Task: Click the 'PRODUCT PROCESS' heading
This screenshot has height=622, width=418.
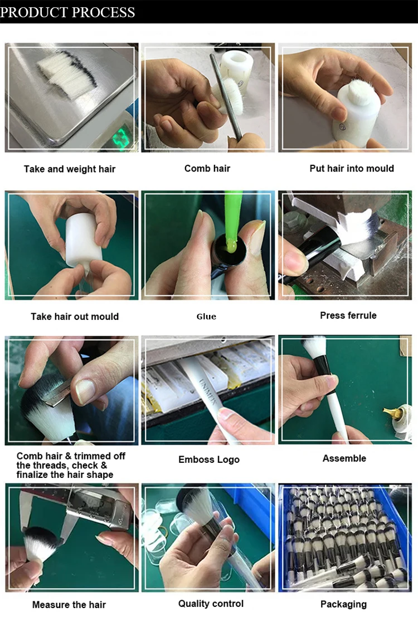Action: coord(67,12)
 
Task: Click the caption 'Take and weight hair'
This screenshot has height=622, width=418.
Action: coord(70,169)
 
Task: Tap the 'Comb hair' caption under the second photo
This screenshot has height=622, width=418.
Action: coord(207,169)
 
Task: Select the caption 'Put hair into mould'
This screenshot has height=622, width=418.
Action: coord(352,168)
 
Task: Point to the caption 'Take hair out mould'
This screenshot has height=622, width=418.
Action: coord(75,316)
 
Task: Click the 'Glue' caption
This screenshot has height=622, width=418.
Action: coord(206,316)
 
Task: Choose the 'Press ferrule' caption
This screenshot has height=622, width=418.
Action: coord(348,315)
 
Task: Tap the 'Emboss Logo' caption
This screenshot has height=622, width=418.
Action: coord(209,460)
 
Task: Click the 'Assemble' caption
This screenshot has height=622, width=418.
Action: coord(344,458)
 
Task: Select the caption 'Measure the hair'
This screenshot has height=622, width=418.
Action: coord(69,605)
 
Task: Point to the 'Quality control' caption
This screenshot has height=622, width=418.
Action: coord(211,604)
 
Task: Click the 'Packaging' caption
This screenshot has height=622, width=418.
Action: coord(343,604)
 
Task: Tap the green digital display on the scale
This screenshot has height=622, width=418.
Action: coord(121,137)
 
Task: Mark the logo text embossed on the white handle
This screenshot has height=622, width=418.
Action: coord(208,392)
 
